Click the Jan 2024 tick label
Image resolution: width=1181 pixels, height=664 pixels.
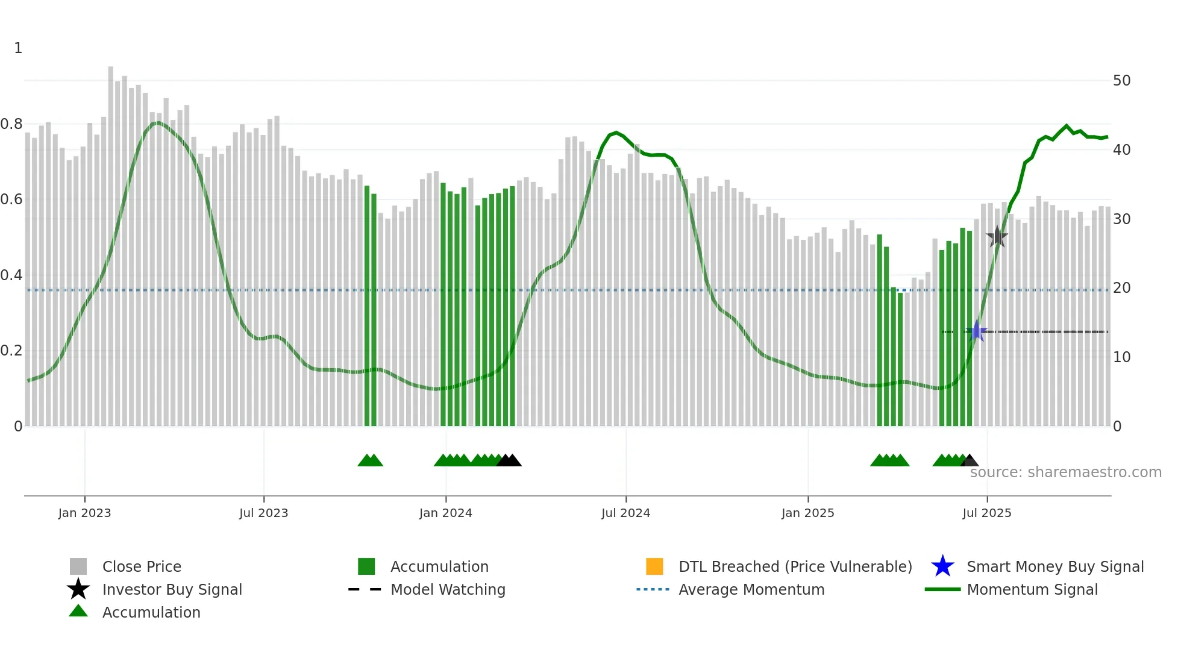tap(445, 513)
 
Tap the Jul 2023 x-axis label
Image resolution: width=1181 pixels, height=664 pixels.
tap(263, 513)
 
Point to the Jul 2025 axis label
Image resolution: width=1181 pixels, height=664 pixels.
tap(986, 513)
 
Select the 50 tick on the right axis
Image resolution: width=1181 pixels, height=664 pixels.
tap(1121, 81)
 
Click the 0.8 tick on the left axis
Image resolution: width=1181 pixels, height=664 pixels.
tap(12, 124)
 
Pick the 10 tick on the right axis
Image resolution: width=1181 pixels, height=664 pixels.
tap(1121, 357)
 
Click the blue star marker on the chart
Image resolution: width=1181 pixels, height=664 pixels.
tap(977, 331)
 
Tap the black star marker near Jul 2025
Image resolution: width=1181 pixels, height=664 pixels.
tap(997, 237)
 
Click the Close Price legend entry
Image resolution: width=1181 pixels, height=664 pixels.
tap(142, 567)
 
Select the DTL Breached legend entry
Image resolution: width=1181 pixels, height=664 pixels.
tap(795, 567)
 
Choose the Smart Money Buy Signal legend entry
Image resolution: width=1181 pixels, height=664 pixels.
tap(1054, 567)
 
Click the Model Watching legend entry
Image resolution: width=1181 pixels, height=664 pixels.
tap(448, 590)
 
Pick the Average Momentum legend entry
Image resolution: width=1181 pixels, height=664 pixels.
tap(751, 590)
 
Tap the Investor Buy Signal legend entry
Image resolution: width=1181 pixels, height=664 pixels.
tap(172, 590)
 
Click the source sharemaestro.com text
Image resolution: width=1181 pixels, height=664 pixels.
tap(1065, 472)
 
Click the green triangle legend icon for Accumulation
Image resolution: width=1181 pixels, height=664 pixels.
tap(78, 612)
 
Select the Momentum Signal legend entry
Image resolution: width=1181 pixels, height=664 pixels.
tap(1032, 590)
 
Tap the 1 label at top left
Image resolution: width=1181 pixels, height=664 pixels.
tap(18, 48)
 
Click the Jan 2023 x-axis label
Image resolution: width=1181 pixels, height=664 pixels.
tap(84, 513)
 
